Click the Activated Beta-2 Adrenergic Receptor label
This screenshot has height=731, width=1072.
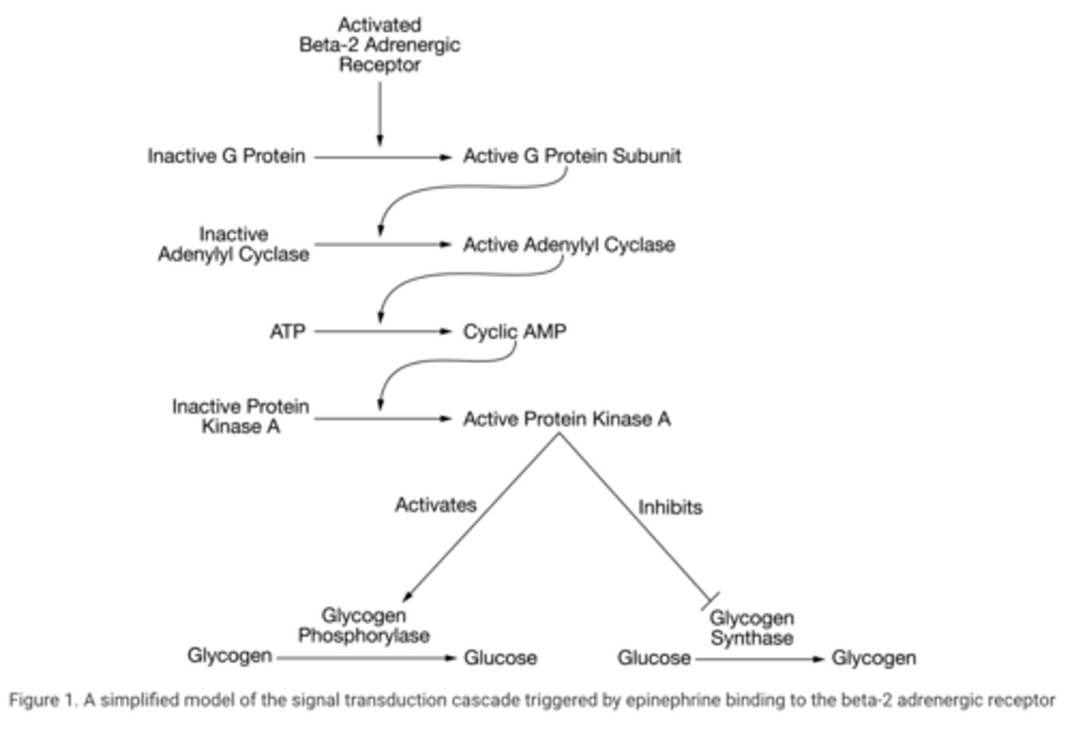coord(380,45)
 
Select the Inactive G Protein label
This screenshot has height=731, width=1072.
coord(226,156)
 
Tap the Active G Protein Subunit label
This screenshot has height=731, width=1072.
coord(572,156)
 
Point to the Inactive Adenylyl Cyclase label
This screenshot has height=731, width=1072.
coord(233,244)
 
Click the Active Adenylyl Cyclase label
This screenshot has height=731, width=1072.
coord(569,245)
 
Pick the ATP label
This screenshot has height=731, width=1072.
coord(287,331)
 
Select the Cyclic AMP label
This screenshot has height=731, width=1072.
coord(514,331)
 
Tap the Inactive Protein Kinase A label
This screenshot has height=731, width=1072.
coord(240,416)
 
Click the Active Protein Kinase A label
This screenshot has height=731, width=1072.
coord(567,419)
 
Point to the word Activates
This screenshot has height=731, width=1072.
coord(435,505)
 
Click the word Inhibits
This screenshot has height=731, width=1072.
coord(670,507)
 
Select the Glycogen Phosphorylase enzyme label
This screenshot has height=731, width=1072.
coord(364,625)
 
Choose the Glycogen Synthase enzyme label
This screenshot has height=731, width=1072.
coord(751,628)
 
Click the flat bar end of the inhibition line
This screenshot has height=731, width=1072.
coord(710,600)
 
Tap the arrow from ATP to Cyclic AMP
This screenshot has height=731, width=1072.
coord(383,331)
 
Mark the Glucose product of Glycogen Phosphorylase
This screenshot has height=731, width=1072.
coord(500,658)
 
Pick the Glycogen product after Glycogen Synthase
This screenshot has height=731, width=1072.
coord(873,658)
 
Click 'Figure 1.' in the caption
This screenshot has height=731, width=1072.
coord(42,700)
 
